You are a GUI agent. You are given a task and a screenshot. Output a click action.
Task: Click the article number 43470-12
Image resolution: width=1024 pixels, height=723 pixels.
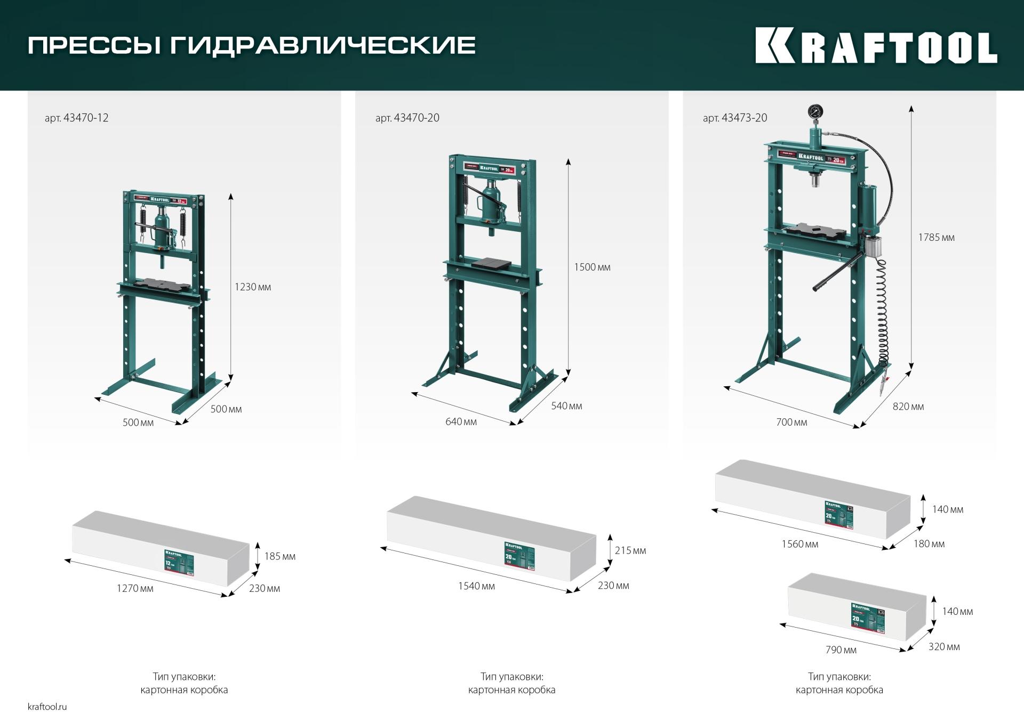pyautogui.click(x=76, y=118)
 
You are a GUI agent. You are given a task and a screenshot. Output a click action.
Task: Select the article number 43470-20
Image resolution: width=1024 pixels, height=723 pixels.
pyautogui.click(x=407, y=118)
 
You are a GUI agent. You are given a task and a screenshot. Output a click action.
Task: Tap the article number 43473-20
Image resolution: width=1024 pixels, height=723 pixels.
pyautogui.click(x=735, y=118)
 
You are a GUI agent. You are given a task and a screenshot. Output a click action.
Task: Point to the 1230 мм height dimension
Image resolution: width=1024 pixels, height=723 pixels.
pyautogui.click(x=253, y=287)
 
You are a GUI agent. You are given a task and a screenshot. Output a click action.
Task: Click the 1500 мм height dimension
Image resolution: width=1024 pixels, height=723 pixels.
pyautogui.click(x=592, y=267)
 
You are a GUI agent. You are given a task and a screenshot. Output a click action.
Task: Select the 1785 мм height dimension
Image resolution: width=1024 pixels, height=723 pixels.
pyautogui.click(x=936, y=238)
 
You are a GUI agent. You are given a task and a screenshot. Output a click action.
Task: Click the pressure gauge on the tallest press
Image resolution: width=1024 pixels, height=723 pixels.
pyautogui.click(x=815, y=112)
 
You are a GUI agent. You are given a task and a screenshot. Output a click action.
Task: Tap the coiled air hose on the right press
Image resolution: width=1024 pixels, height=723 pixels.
pyautogui.click(x=883, y=314)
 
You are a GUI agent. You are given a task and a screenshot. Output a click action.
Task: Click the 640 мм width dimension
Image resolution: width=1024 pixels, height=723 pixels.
pyautogui.click(x=461, y=422)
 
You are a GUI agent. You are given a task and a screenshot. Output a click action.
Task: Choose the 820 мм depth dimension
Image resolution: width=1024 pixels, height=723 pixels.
pyautogui.click(x=908, y=407)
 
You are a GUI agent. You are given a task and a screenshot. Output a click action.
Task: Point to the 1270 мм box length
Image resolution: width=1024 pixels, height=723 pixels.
pyautogui.click(x=135, y=588)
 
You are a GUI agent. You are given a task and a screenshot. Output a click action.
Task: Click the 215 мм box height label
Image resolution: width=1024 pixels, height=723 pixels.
pyautogui.click(x=630, y=550)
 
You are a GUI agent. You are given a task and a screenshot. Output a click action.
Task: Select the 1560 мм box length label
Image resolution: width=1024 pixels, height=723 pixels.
pyautogui.click(x=799, y=544)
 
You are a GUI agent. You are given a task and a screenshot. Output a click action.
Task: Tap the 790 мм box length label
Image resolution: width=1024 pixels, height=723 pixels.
pyautogui.click(x=841, y=650)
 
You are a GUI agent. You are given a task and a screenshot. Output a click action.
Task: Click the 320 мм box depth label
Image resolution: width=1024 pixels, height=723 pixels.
pyautogui.click(x=944, y=647)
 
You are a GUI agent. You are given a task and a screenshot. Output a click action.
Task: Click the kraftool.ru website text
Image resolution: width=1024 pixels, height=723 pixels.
pyautogui.click(x=47, y=707)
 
